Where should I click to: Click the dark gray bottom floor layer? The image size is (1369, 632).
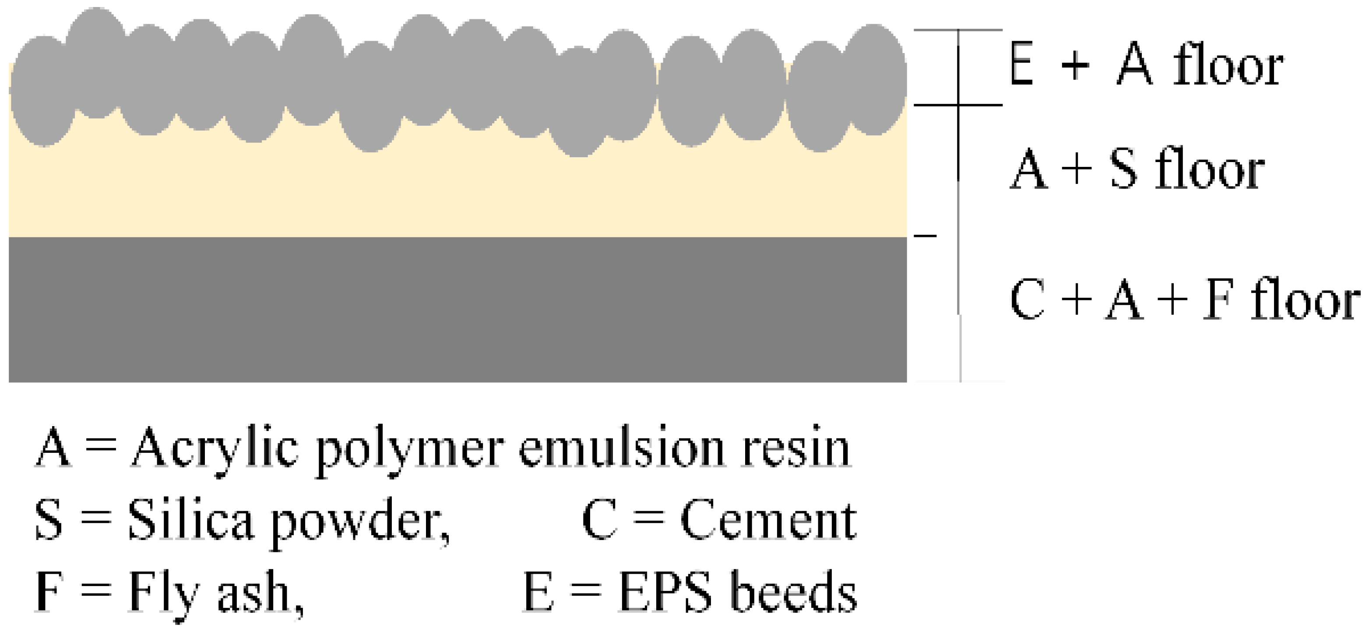[457, 309]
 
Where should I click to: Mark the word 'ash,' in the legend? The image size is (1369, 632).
[260, 593]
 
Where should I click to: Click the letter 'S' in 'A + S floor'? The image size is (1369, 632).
[1123, 170]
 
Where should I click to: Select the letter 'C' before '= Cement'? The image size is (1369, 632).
[599, 520]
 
